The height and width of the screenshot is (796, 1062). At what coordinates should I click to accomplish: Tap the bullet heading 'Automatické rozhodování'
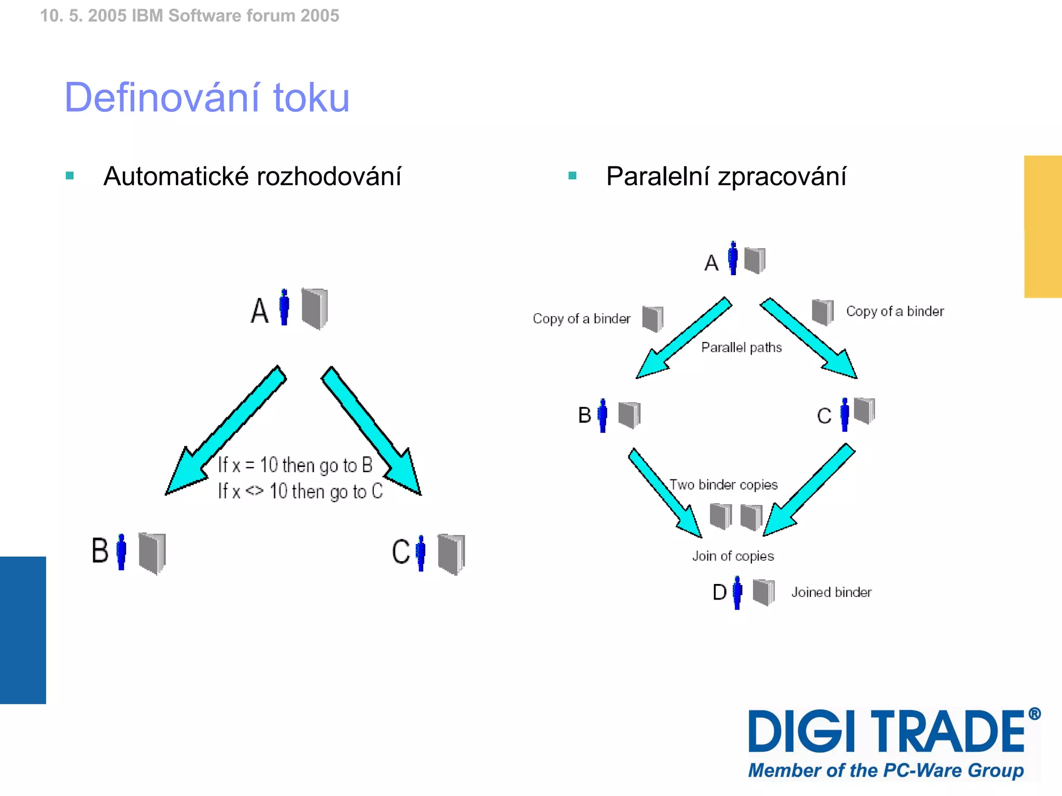click(252, 176)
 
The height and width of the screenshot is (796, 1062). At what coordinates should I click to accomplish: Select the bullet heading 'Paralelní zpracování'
click(726, 176)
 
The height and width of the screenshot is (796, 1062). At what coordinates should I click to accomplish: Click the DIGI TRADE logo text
click(887, 731)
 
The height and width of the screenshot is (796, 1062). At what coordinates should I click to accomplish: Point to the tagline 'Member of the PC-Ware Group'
click(886, 770)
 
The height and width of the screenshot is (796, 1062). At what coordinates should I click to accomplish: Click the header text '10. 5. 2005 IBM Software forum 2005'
click(189, 16)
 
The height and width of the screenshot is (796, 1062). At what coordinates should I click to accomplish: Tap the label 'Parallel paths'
click(741, 347)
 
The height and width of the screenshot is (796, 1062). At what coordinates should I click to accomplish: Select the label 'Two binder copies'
click(723, 485)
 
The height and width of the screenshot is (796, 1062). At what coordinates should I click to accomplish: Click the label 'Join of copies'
click(733, 556)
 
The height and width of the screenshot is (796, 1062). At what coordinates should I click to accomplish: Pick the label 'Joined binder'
click(831, 592)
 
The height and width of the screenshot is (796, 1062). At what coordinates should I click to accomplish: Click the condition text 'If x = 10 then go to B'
click(295, 465)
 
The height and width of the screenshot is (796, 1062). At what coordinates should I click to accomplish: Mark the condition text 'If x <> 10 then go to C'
click(300, 491)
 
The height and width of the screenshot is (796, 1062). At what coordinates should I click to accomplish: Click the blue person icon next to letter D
click(737, 592)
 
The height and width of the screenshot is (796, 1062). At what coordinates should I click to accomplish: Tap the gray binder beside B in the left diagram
click(152, 553)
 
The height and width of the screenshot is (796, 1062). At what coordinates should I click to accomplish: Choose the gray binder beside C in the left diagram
click(451, 554)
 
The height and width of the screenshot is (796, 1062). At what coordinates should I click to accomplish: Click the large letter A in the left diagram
click(259, 310)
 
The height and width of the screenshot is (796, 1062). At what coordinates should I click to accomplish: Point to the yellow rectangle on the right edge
click(1043, 226)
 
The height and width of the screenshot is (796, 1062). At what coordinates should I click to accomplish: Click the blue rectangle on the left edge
click(23, 630)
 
